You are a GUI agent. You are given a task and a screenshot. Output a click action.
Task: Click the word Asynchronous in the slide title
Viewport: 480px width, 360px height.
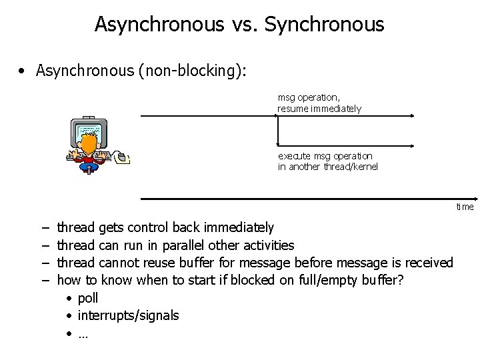[x=159, y=25]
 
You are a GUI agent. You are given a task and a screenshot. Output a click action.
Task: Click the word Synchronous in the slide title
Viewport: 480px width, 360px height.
[x=324, y=25]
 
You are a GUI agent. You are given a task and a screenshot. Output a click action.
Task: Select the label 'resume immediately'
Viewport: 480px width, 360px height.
[x=319, y=108]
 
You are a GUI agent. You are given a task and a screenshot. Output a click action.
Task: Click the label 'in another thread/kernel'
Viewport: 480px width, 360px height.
[x=327, y=167]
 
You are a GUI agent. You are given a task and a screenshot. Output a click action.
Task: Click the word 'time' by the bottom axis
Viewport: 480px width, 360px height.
[x=465, y=207]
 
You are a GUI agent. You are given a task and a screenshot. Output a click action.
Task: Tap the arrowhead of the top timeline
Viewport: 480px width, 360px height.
[x=415, y=115]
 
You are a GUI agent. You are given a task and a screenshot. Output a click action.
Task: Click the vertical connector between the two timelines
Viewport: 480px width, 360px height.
[x=277, y=131]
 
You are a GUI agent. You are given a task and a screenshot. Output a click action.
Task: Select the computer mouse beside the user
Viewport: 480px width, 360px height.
[x=121, y=157]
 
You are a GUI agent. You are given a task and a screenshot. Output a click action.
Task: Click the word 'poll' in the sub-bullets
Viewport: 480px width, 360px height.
[x=88, y=298]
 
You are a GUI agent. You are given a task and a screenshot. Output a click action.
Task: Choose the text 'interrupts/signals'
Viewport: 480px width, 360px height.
[x=128, y=315]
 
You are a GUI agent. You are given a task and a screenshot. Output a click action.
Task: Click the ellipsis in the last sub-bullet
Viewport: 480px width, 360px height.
[x=83, y=333]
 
